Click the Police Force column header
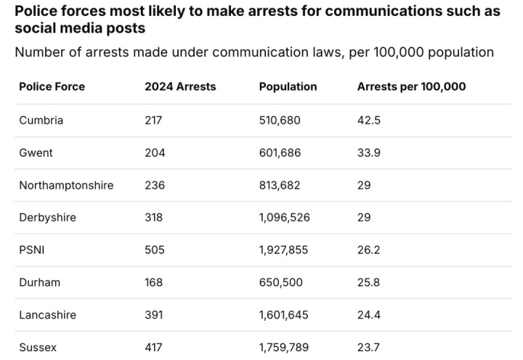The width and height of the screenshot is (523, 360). (52, 86)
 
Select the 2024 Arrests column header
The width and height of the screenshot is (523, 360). (180, 86)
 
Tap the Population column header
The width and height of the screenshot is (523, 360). (288, 86)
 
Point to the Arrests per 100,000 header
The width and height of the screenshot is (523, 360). (411, 86)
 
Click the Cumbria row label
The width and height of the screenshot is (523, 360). (41, 120)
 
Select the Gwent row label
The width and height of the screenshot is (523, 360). (36, 153)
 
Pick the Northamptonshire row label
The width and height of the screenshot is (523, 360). (66, 185)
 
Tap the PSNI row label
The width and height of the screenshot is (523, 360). (32, 250)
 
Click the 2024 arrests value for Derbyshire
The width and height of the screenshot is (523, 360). (154, 218)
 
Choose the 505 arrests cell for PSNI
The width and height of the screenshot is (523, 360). (155, 250)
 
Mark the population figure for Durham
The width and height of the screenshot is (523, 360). (280, 282)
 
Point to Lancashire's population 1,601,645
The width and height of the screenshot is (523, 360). (283, 315)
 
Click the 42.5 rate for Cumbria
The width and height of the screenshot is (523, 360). (369, 120)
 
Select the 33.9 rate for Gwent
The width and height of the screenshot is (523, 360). (369, 153)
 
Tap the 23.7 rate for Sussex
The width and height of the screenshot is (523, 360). (369, 348)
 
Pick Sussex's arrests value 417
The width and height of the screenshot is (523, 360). (154, 348)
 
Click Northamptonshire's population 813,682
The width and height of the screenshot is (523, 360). (280, 185)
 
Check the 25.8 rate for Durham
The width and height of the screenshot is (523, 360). (369, 282)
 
